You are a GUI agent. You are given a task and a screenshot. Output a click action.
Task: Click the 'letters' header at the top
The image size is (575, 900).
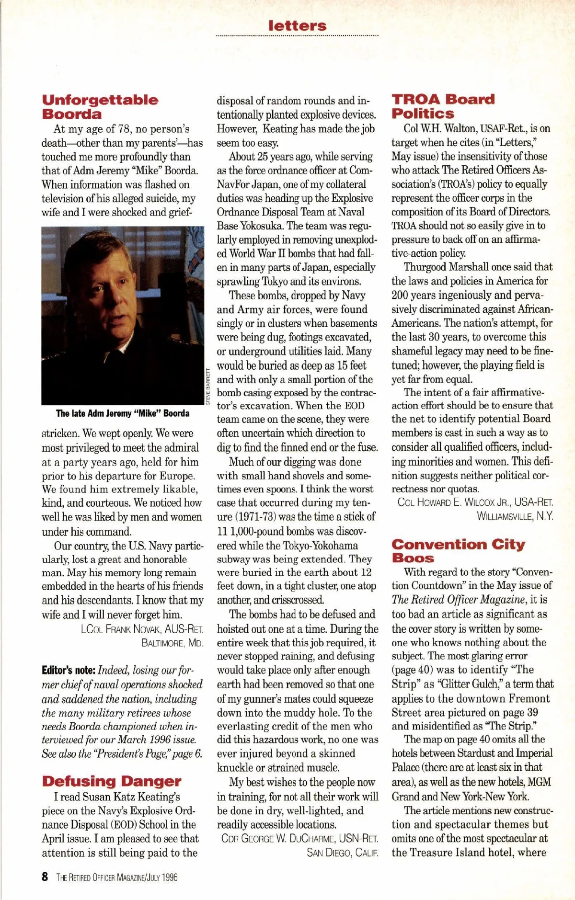coord(297,26)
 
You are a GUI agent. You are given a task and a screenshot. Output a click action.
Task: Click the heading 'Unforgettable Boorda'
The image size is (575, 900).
coord(100,107)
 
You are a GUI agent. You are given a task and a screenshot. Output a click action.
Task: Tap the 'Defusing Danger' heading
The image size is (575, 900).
coord(112,781)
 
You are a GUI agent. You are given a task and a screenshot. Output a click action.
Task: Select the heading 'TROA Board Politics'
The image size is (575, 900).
coord(443,106)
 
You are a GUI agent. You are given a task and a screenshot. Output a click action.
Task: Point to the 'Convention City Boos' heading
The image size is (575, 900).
coord(458,551)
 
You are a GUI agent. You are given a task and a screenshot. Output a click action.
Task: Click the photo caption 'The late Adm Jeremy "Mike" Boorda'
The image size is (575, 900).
coord(123,413)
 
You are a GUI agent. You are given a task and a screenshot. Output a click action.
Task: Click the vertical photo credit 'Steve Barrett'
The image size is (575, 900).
coord(208,386)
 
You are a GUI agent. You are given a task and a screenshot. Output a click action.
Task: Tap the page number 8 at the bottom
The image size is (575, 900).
coord(45,877)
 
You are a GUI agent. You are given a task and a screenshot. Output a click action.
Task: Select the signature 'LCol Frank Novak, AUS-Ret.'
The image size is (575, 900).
coord(142,629)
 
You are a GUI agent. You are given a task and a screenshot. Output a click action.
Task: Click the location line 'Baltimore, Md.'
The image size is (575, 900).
coord(172,643)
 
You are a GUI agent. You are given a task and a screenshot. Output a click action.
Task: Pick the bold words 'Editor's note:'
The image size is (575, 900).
coord(69,670)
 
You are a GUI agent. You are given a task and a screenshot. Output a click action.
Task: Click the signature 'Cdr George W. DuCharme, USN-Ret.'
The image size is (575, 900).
coord(299,839)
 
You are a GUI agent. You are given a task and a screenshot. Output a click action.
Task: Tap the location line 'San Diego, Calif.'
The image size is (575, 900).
coord(342,853)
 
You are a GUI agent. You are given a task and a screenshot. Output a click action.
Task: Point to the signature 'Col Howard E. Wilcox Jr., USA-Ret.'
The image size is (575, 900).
coord(475,502)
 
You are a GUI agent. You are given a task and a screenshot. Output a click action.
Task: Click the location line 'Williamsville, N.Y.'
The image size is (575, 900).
coord(515,516)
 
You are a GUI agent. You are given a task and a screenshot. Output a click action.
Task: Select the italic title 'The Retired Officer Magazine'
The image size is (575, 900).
coord(458,600)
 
